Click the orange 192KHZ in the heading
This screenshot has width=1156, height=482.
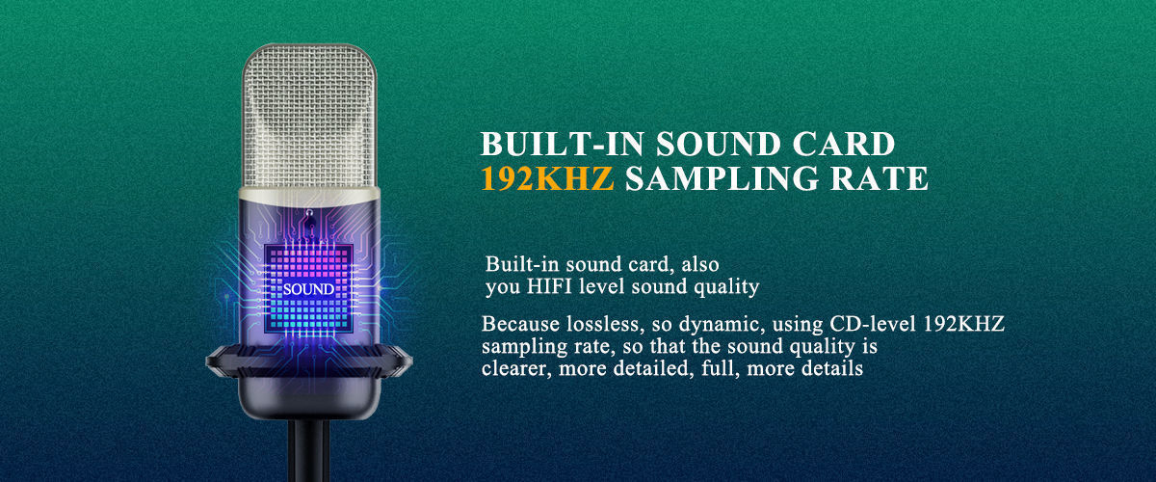point(547,177)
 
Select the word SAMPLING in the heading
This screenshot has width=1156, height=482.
point(722,177)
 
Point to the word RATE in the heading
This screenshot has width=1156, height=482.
point(880,177)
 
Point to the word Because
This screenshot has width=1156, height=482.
point(520,325)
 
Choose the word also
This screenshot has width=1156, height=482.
point(700,264)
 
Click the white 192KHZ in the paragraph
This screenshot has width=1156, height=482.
point(964,324)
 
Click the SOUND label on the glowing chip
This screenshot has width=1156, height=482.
point(308,289)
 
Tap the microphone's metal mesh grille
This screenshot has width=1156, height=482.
point(309,117)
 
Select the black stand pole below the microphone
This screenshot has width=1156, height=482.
point(308,450)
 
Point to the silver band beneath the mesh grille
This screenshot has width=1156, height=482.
point(309,195)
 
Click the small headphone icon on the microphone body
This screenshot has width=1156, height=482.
point(309,213)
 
